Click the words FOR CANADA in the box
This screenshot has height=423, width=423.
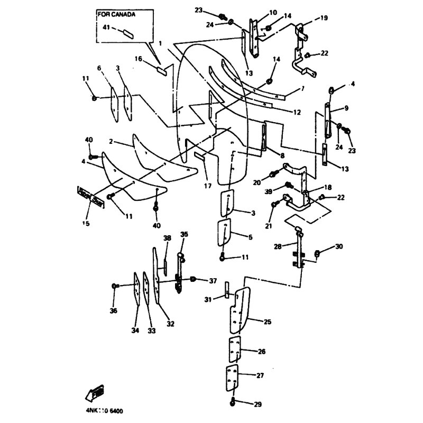point(116,15)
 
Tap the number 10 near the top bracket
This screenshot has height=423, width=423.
point(273,12)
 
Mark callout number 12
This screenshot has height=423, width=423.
point(297,112)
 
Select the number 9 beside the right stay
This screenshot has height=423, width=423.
point(346,108)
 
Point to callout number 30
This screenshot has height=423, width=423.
point(339,246)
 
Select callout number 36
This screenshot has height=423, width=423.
point(113,310)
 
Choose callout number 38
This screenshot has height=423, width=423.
point(167,238)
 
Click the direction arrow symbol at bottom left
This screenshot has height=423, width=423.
point(94,394)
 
